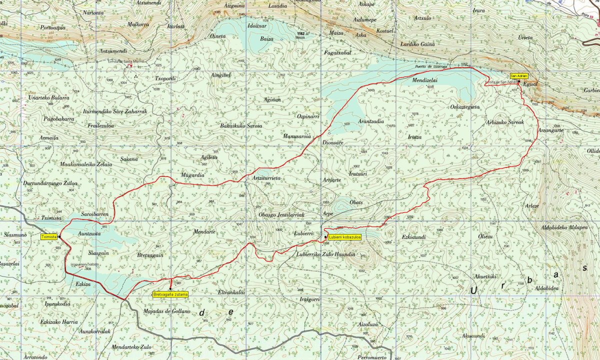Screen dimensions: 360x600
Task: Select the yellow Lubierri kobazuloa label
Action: click(344, 237)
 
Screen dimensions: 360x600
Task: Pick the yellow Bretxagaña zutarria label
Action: click(170, 294)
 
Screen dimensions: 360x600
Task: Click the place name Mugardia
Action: click(192, 175)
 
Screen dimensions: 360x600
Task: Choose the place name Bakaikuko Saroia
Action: click(241, 125)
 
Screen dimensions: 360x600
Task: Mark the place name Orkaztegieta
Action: click(464, 107)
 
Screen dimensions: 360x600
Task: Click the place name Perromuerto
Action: click(372, 357)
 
